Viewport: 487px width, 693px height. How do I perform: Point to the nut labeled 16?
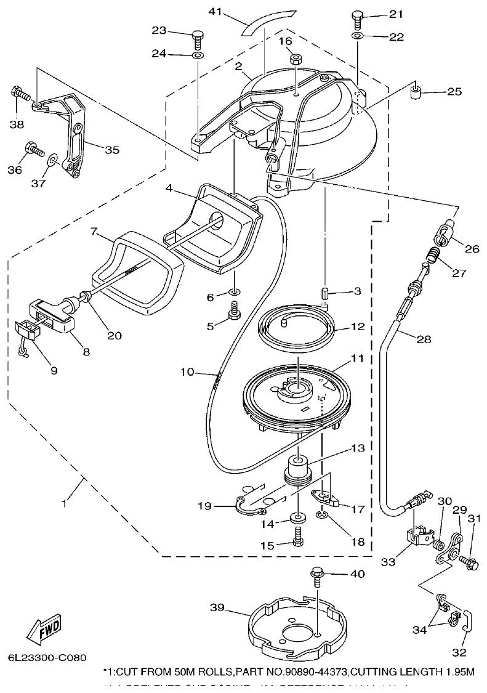point(296,60)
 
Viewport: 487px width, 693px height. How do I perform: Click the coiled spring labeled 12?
point(296,330)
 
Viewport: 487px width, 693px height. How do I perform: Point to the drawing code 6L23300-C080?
point(47,657)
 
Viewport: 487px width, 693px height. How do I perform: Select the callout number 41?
point(215,12)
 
